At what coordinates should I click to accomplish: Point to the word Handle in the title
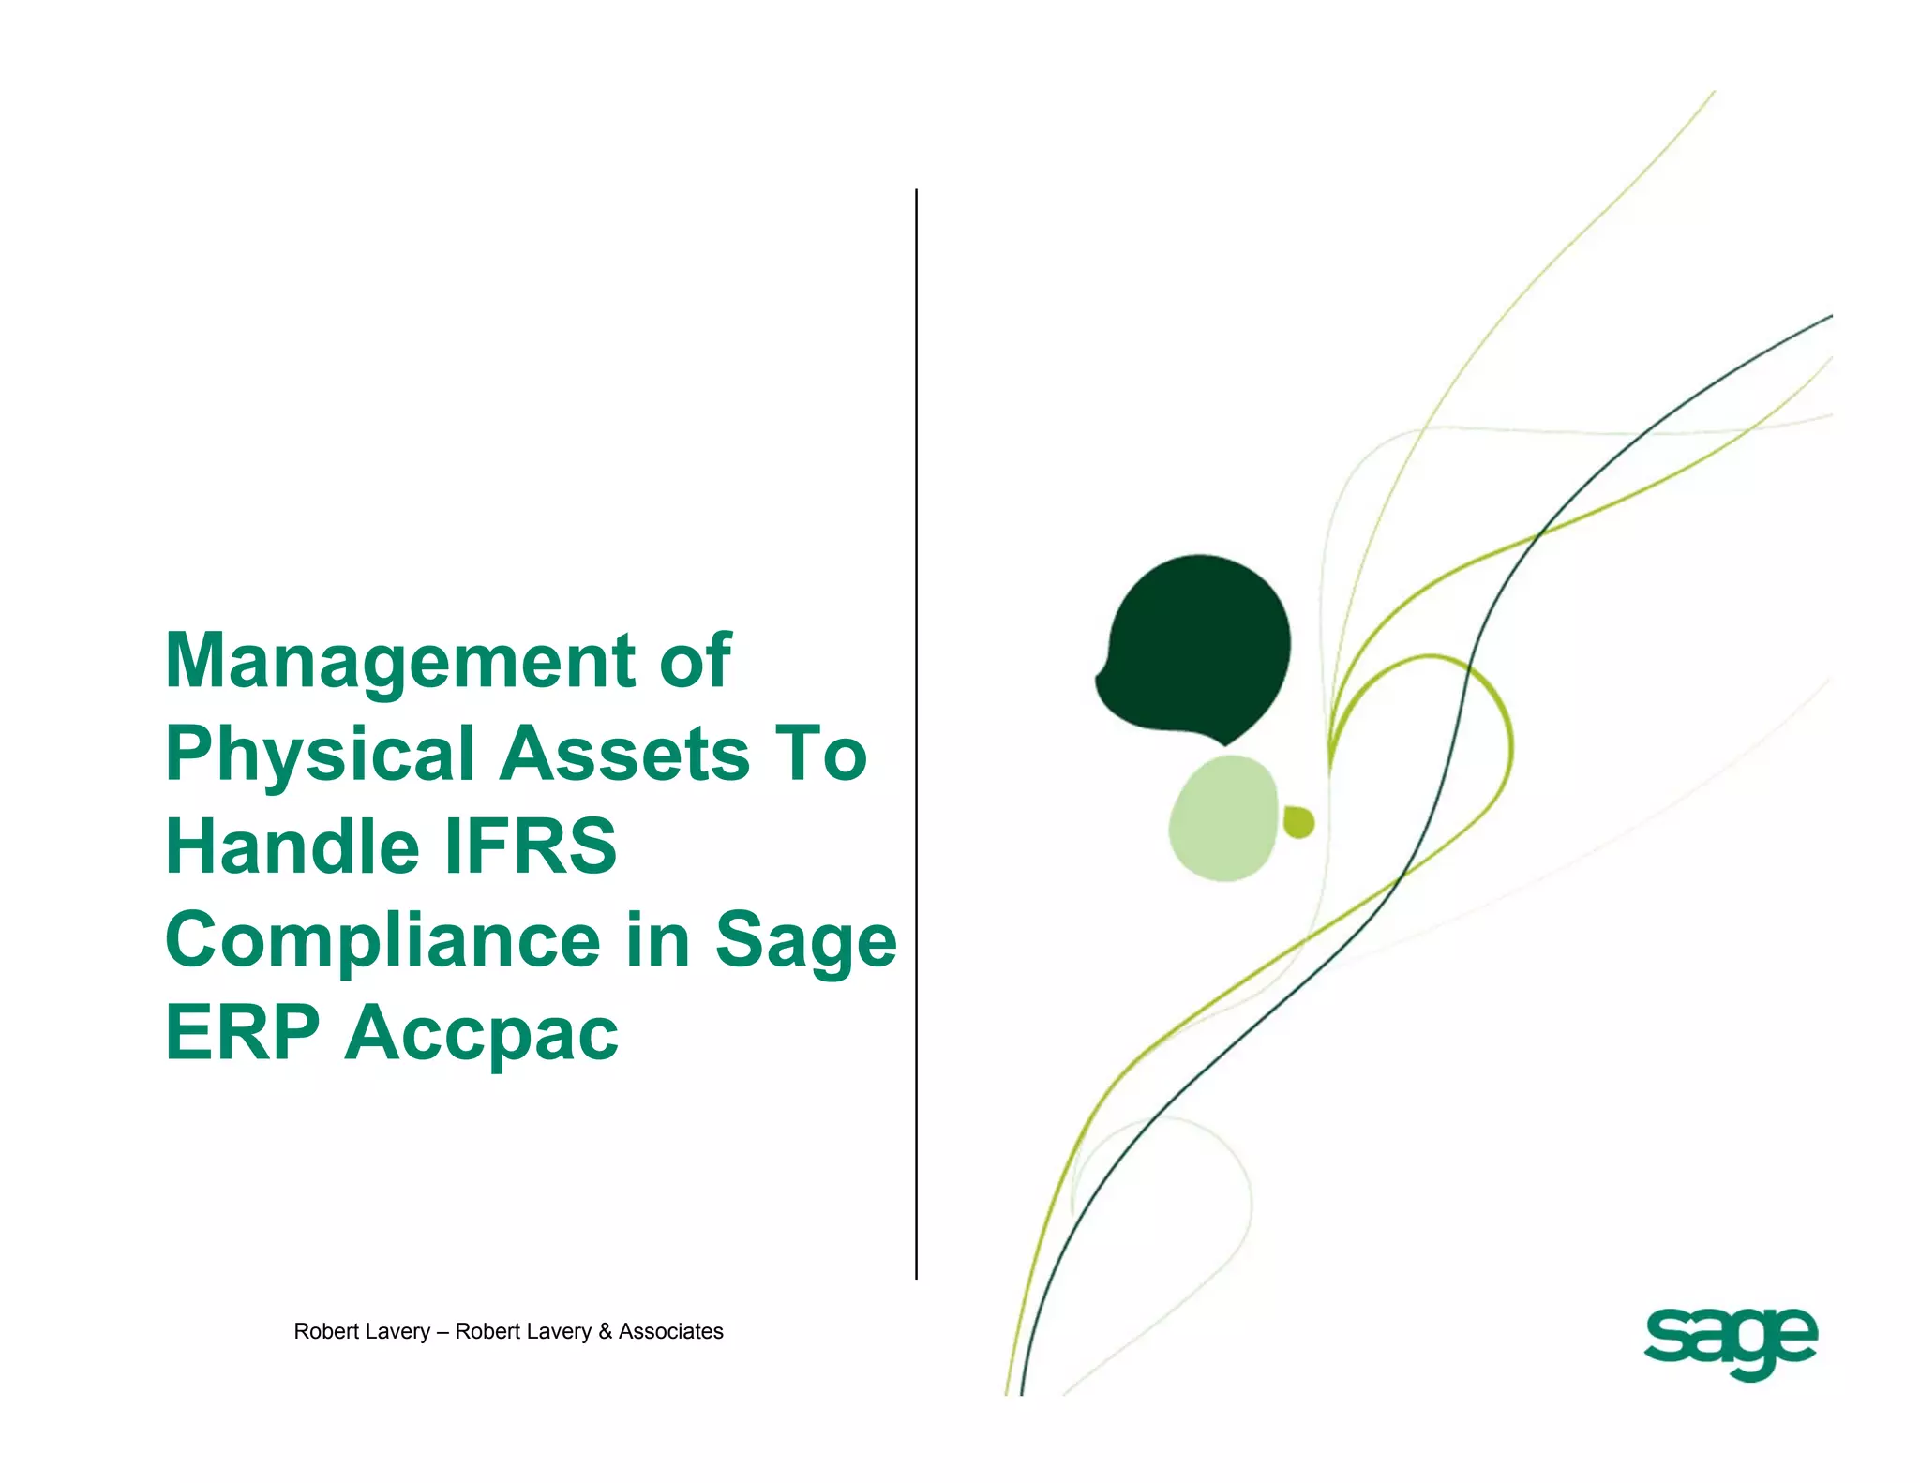(x=292, y=846)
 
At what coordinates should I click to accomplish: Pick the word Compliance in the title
(x=382, y=940)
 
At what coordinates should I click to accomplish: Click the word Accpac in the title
(x=482, y=1034)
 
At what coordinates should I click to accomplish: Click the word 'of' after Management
(x=695, y=661)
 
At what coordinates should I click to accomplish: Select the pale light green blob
(x=1222, y=818)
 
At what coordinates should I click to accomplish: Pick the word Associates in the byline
(x=670, y=1331)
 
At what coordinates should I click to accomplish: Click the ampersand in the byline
(x=605, y=1331)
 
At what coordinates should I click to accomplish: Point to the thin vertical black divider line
(x=916, y=731)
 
